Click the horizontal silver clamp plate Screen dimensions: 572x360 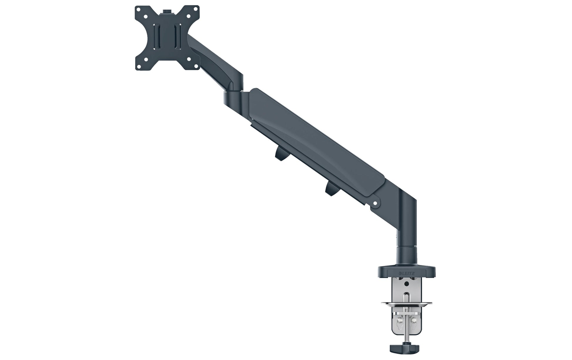pyautogui.click(x=407, y=302)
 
